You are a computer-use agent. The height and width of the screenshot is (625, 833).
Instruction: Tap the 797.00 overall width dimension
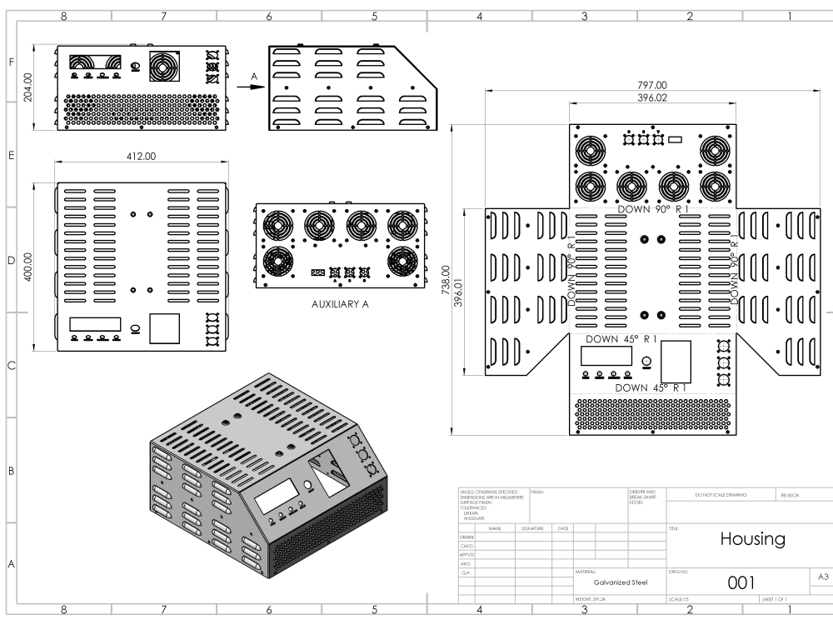(651, 85)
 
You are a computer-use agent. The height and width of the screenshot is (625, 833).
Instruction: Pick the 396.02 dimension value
(651, 97)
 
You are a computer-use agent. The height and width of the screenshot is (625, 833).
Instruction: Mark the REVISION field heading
(790, 495)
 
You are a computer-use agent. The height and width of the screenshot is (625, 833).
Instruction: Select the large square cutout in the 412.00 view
(164, 328)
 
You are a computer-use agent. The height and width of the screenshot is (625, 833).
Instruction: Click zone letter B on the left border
(11, 472)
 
